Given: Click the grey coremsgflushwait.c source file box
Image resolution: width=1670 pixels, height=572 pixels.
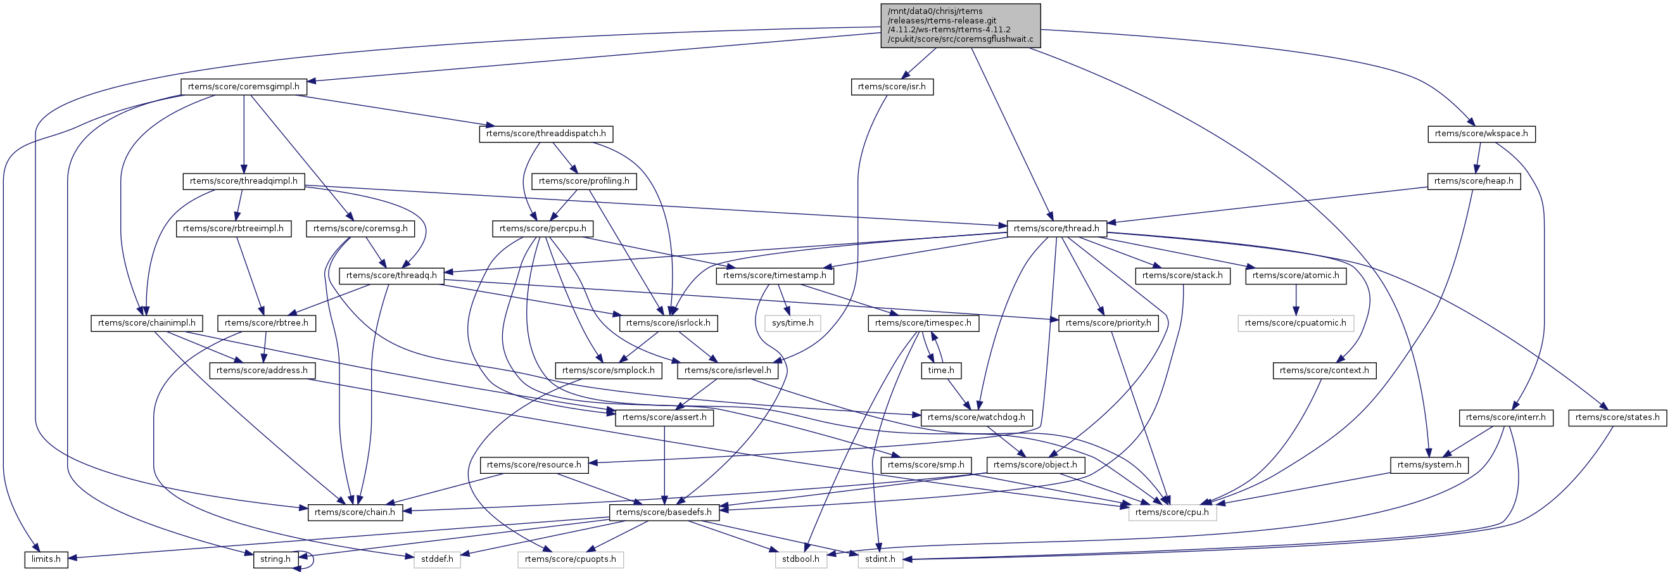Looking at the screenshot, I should (x=960, y=26).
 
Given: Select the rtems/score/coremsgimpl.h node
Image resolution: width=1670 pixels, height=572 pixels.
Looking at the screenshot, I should (x=243, y=87).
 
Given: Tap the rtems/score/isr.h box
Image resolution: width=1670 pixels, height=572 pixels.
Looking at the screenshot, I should (x=892, y=87).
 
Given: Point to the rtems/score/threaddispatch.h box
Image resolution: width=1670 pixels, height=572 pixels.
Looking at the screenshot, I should (x=546, y=134).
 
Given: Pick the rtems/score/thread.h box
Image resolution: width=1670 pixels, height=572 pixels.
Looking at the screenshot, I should (x=1056, y=228).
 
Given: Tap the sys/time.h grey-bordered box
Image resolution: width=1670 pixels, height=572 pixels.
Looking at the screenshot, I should (x=792, y=323).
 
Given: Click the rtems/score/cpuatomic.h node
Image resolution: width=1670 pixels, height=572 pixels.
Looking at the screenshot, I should (x=1295, y=323).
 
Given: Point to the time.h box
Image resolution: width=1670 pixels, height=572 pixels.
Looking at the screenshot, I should (x=940, y=371).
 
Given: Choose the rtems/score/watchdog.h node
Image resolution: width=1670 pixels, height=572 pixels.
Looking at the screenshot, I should (x=977, y=417).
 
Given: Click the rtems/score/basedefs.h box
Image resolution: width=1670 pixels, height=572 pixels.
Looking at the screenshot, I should (x=663, y=512).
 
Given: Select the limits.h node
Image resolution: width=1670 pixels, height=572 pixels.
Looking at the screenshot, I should (x=47, y=559).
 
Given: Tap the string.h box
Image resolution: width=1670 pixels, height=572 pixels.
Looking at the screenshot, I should (x=275, y=559).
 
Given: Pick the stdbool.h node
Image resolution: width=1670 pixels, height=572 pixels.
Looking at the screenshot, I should (x=800, y=559).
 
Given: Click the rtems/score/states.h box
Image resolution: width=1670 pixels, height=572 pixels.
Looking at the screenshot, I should (x=1617, y=417).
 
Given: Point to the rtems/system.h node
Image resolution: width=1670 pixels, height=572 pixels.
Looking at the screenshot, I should (x=1429, y=465).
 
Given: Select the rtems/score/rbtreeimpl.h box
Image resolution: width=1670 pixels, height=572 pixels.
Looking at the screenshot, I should (x=234, y=228).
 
